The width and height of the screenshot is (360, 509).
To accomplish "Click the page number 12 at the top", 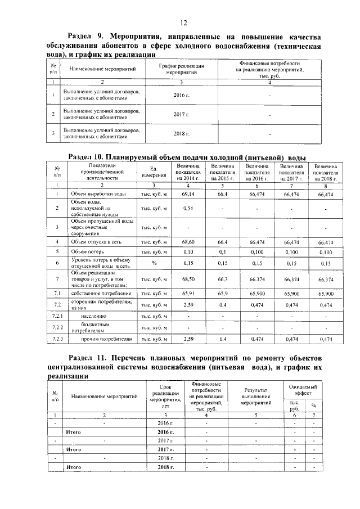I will pyautogui.click(x=183, y=22).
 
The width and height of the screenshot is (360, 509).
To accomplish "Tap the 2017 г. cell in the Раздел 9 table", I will pyautogui.click(x=181, y=115).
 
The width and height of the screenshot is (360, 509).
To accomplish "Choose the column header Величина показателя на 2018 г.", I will pyautogui.click(x=326, y=172).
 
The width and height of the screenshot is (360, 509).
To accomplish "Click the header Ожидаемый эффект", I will pyautogui.click(x=303, y=390).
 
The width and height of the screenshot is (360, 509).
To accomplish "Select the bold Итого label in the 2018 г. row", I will pyautogui.click(x=74, y=467).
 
